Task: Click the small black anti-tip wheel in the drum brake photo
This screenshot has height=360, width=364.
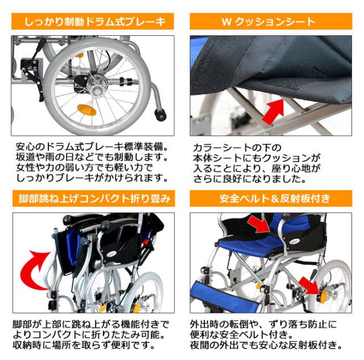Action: click(162, 116)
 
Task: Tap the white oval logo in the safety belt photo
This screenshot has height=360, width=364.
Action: click(299, 232)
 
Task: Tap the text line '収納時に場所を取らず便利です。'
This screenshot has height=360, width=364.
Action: click(82, 345)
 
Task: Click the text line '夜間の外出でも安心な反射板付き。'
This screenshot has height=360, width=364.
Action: click(267, 345)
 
